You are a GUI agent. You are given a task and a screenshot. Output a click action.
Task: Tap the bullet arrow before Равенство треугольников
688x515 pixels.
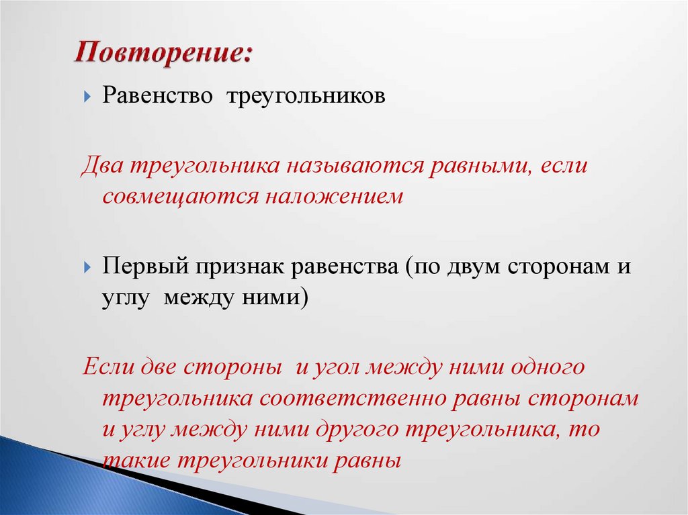(x=88, y=97)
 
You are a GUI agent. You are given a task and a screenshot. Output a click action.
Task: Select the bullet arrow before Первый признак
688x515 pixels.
(x=88, y=268)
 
